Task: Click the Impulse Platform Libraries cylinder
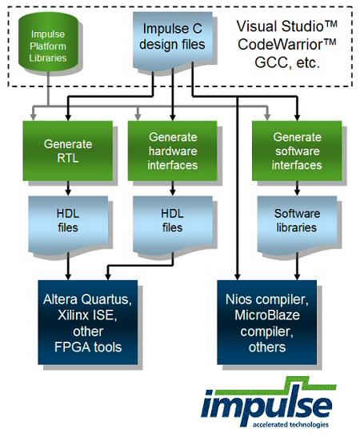click(x=48, y=42)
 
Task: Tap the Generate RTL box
click(x=68, y=150)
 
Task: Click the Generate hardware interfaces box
click(x=173, y=150)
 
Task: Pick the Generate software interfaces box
click(x=297, y=150)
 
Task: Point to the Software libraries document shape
click(x=297, y=225)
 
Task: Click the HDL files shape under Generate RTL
click(x=68, y=225)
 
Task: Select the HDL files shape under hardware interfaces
click(x=173, y=225)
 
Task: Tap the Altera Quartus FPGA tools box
click(x=88, y=323)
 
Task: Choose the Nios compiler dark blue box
click(x=267, y=323)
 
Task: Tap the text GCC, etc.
click(x=287, y=62)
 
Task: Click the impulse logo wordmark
click(x=266, y=404)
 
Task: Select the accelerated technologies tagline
click(x=290, y=424)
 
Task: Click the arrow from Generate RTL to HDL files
click(x=68, y=188)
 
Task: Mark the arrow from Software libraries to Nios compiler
click(x=297, y=267)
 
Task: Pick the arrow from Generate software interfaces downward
click(x=297, y=188)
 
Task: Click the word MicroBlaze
click(x=267, y=315)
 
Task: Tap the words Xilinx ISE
click(x=87, y=315)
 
